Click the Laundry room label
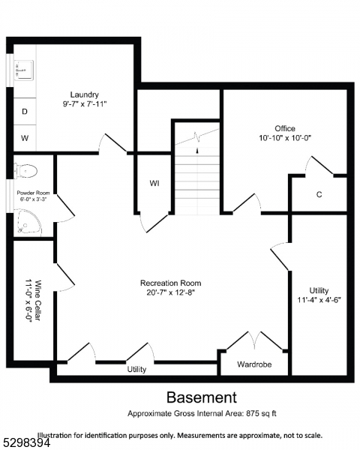point(86,94)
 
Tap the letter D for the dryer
point(25,111)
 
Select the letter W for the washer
point(25,138)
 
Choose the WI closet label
point(154,183)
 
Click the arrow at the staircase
point(197,150)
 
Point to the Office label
point(284,128)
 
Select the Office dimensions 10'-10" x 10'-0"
point(284,139)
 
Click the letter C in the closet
point(319,195)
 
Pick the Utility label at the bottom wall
point(136,369)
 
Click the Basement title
point(201,397)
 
